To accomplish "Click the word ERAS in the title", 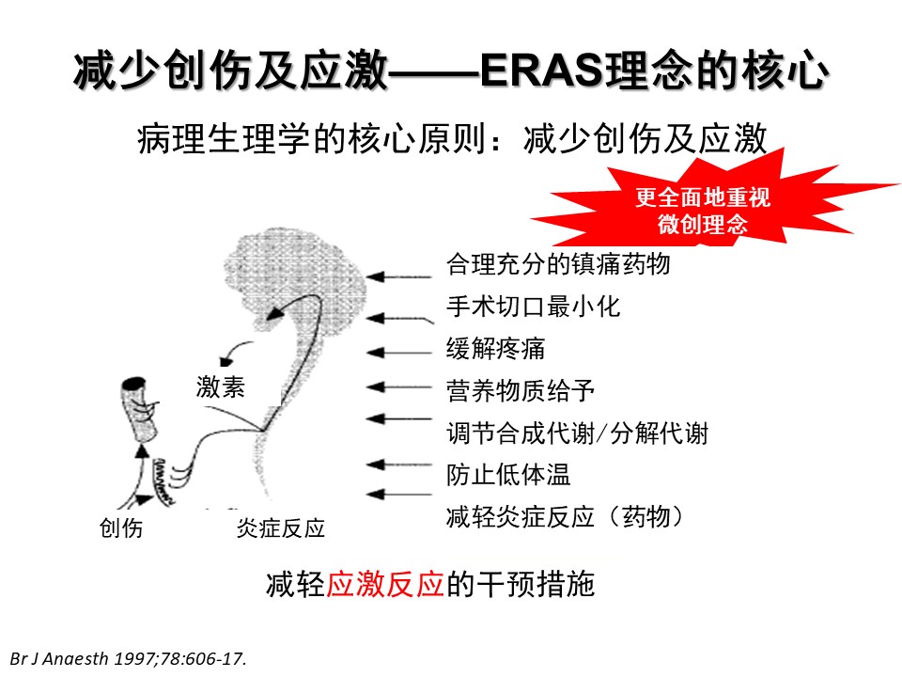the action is click(x=542, y=71).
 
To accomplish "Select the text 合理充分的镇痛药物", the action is click(x=558, y=264).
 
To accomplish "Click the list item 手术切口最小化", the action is click(x=534, y=307).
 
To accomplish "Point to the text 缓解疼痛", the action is click(x=495, y=349).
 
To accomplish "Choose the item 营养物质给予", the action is click(x=520, y=391).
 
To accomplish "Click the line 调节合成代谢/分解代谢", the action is click(x=577, y=433).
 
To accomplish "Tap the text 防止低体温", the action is click(x=508, y=475).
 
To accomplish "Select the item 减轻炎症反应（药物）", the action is click(x=566, y=517).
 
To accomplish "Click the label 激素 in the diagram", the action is click(x=220, y=386).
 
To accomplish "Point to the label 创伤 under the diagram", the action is click(x=121, y=527).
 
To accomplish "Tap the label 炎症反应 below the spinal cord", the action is click(x=281, y=527).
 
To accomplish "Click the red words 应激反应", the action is click(x=385, y=584).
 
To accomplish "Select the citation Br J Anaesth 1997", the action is click(x=129, y=658).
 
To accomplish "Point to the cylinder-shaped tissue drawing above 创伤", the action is click(x=139, y=409).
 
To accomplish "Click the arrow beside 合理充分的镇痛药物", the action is click(x=398, y=276).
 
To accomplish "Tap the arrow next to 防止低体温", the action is click(x=398, y=464).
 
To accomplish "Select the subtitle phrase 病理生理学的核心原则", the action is click(x=311, y=139).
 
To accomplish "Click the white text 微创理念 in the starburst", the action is click(x=703, y=224).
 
